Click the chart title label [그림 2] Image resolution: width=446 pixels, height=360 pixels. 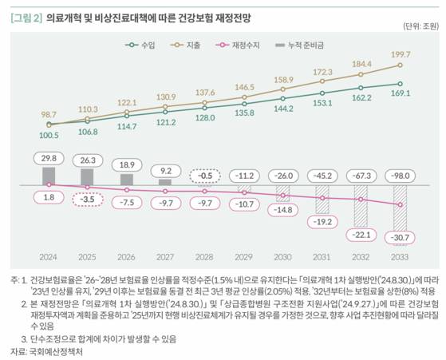[25, 15]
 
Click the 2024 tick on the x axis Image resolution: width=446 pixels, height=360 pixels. [48, 258]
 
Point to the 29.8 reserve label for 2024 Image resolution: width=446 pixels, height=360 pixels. [49, 158]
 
